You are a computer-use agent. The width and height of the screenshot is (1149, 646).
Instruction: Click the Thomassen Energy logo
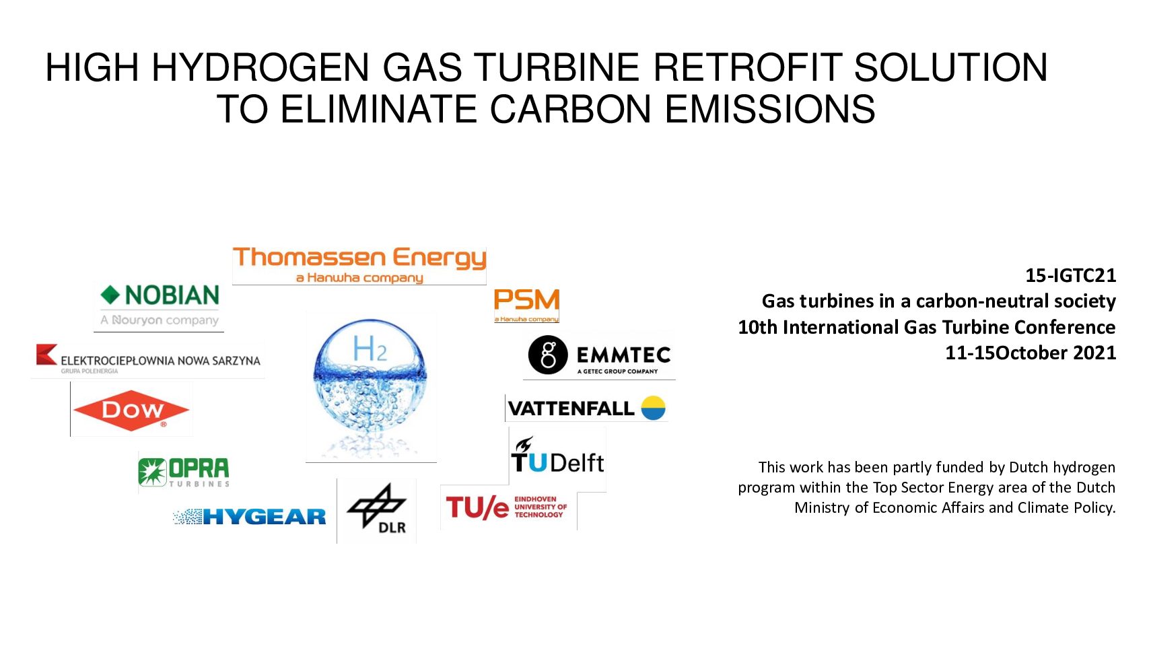[359, 264]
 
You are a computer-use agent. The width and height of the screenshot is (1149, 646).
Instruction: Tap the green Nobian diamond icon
[110, 295]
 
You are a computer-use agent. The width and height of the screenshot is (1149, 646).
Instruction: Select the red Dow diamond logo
[131, 410]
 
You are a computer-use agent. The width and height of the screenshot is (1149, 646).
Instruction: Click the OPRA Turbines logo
[184, 472]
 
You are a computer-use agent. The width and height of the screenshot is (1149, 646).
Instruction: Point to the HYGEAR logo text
[264, 517]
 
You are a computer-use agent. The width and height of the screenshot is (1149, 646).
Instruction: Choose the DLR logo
[376, 509]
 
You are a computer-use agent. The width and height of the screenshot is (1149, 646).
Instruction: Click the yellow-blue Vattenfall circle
[654, 408]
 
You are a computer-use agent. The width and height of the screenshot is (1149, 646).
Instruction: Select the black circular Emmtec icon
[548, 355]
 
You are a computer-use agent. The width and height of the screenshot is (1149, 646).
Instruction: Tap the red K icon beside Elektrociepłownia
[46, 354]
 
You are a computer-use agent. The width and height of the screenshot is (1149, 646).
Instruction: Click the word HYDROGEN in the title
[260, 68]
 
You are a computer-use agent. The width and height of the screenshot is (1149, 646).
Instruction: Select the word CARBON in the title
[570, 109]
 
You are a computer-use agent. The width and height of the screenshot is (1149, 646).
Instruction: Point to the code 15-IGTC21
[1070, 276]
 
